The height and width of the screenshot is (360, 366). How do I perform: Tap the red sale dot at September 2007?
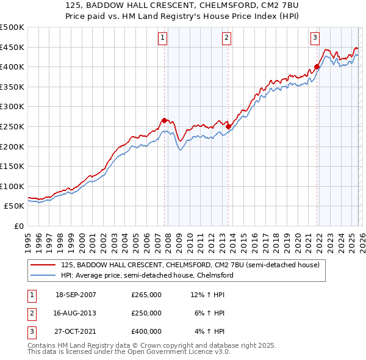164,120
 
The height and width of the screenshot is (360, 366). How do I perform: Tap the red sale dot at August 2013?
228,126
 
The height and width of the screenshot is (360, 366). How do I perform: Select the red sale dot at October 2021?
317,67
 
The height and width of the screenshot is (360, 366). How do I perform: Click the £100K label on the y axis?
12,186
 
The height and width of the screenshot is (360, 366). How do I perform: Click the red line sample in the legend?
44,265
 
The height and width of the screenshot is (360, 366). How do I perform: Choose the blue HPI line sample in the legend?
44,275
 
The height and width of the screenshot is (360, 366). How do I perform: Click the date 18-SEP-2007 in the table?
76,295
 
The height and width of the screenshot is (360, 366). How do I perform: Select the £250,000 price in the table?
146,313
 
